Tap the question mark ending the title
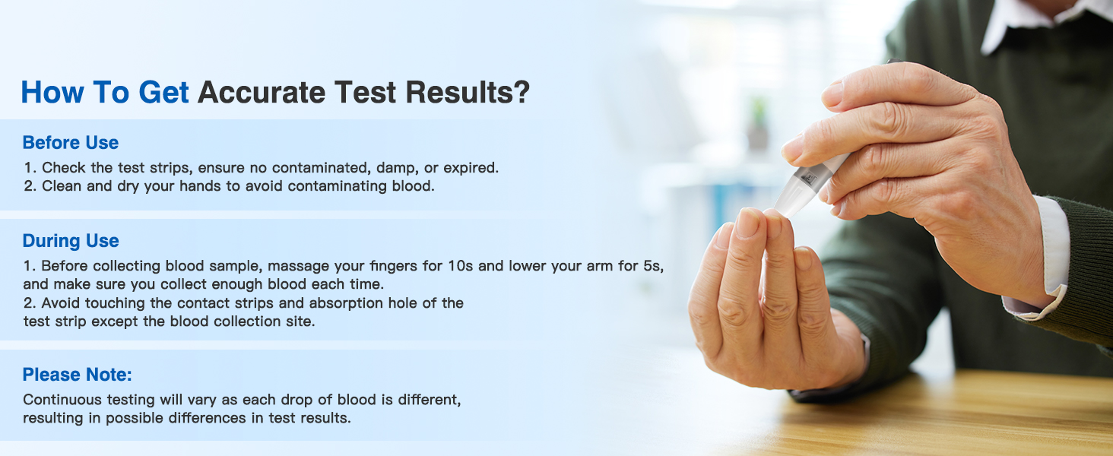coord(521,93)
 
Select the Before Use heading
coord(71,143)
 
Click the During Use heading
coord(71,241)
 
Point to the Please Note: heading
coord(78,375)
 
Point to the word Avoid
coord(61,303)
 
